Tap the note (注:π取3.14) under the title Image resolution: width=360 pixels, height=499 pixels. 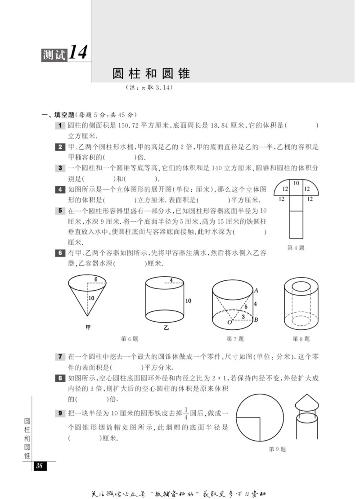pyautogui.click(x=150, y=88)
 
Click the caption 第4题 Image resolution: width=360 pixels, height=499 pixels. pyautogui.click(x=296, y=247)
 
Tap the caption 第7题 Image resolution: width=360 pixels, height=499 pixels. pyautogui.click(x=235, y=339)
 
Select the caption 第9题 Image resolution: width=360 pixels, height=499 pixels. pyautogui.click(x=277, y=449)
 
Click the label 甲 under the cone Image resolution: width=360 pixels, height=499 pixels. pyautogui.click(x=88, y=328)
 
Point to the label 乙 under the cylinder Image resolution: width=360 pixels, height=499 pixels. pyautogui.click(x=165, y=328)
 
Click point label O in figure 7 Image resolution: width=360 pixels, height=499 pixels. pyautogui.click(x=229, y=323)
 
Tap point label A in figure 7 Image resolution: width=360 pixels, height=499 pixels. pyautogui.click(x=256, y=290)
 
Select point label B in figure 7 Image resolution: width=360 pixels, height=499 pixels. pyautogui.click(x=256, y=320)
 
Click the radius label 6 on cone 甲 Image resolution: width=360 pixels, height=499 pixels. pyautogui.click(x=96, y=279)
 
